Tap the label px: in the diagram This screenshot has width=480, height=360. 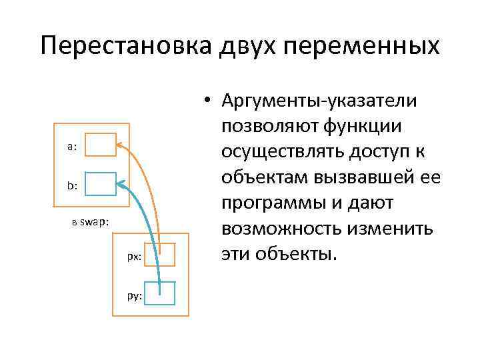point(134,257)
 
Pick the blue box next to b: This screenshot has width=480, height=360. point(101,183)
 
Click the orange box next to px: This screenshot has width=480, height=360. point(160,254)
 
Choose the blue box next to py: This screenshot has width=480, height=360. point(160,293)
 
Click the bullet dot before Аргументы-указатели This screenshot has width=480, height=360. point(209,101)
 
